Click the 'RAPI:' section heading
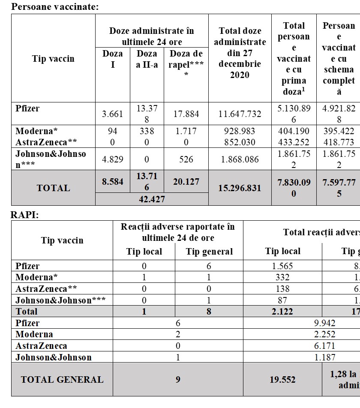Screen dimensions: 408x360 pos(24,215)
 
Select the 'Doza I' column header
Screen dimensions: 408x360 pos(113,59)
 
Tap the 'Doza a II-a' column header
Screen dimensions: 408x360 pos(147,59)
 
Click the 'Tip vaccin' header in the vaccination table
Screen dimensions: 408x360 pos(53,59)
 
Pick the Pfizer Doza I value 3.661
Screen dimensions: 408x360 pos(113,114)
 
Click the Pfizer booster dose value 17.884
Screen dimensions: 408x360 pos(186,114)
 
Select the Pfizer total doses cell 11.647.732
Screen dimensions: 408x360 pos(240,114)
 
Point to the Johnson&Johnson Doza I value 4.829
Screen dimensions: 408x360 pos(113,159)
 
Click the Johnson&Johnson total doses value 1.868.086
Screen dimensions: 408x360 pos(240,159)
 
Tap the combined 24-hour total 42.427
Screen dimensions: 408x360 pos(152,199)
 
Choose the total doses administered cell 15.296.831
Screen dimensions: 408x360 pos(240,188)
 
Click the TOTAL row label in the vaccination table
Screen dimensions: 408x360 pos(53,188)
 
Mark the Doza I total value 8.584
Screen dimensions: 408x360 pos(113,182)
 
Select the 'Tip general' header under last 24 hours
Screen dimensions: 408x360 pos(209,252)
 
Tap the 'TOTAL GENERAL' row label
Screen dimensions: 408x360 pos(62,380)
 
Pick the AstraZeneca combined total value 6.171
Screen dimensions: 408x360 pos(324,345)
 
